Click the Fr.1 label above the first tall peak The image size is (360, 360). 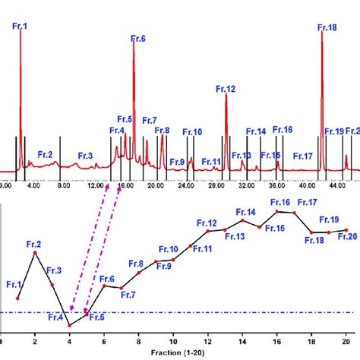21,27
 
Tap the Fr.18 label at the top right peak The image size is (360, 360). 327,27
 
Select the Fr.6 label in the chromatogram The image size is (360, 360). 137,39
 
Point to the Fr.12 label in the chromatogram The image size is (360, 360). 226,89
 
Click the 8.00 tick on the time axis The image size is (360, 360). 64,185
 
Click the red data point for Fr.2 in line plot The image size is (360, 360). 34,252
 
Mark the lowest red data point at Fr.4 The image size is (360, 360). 69,325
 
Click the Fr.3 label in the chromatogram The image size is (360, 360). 85,156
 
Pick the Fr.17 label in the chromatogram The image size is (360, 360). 303,156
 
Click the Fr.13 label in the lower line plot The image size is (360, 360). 235,237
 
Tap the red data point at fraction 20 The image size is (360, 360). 346,229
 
